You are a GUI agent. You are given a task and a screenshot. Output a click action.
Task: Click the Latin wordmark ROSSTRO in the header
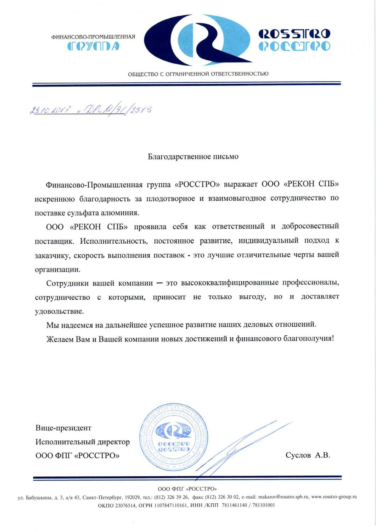coord(294,34)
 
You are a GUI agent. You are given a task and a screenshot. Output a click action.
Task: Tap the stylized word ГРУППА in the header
coord(93,46)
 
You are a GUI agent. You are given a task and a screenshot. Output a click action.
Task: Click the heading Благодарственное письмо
coord(193,156)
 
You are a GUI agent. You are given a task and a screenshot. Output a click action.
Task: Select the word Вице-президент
coord(63,428)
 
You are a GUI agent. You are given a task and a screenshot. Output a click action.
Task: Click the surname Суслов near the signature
coord(298,455)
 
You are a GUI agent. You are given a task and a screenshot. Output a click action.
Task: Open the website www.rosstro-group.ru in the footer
coord(334,497)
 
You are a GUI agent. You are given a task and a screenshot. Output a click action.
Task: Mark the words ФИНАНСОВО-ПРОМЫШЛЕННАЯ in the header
coord(93,37)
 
